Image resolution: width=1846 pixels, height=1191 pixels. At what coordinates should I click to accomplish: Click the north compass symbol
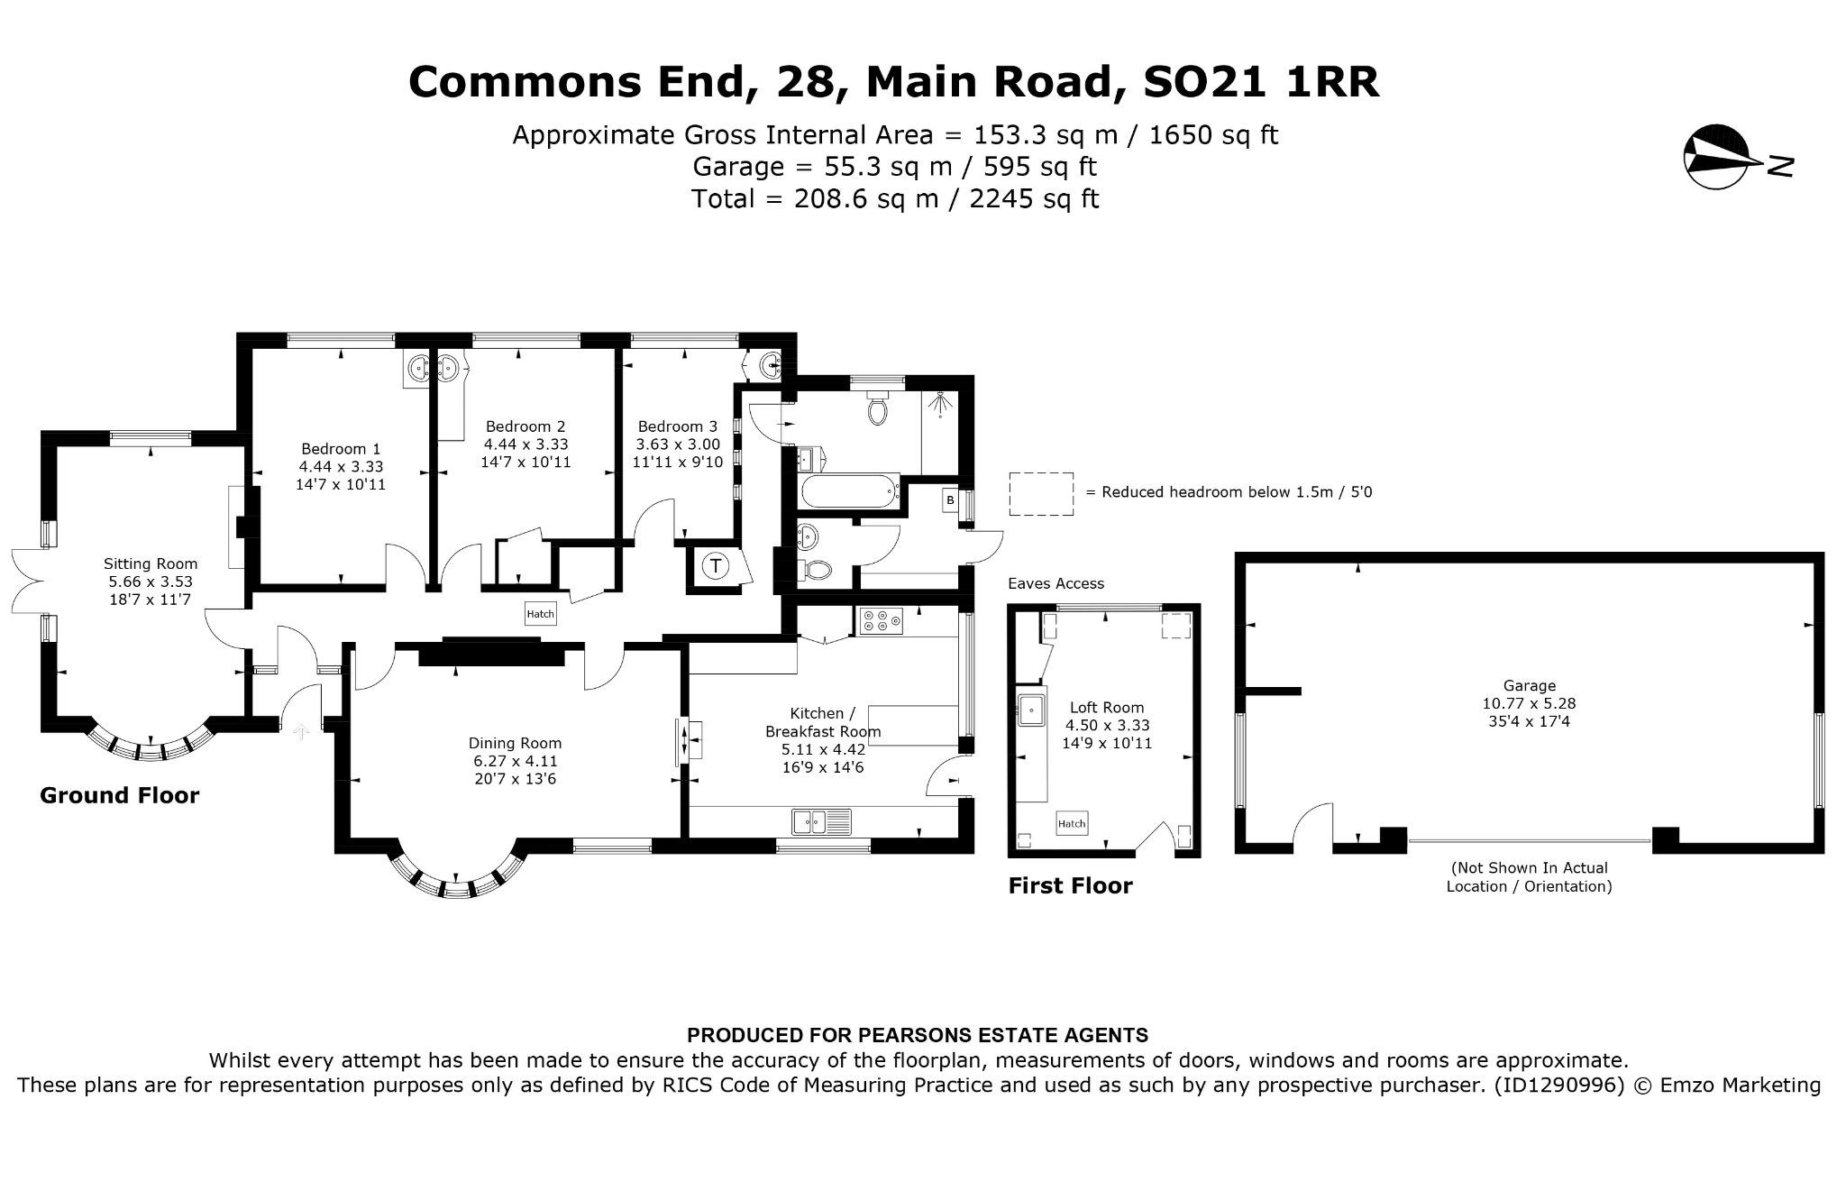pos(1717,157)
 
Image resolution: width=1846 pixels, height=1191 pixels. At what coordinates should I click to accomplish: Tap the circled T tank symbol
pos(716,566)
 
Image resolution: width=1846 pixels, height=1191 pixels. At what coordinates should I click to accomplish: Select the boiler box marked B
pos(950,499)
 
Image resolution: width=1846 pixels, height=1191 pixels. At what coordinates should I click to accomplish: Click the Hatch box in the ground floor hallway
pos(541,614)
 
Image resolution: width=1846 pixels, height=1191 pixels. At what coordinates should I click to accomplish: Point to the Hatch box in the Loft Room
pos(1072,823)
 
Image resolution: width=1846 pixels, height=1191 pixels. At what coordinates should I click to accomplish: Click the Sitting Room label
pos(151,564)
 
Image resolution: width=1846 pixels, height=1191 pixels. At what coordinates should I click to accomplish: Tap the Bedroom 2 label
pos(525,426)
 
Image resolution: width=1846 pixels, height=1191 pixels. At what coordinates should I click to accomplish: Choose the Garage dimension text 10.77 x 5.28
pos(1530,703)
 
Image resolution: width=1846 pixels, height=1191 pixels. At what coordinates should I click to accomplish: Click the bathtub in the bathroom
pos(851,492)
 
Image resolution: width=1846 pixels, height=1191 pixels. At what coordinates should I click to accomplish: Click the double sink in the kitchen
pos(822,822)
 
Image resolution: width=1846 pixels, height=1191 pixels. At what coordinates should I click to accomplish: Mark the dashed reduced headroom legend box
pos(1041,494)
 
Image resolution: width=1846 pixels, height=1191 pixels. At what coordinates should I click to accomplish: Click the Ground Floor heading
pos(120,795)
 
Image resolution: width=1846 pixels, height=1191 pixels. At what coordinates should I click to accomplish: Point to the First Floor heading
pos(1070,886)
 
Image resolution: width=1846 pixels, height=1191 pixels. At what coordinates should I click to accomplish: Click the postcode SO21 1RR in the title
pos(1261,82)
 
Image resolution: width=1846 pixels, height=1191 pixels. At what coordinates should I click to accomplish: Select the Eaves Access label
pos(1056,583)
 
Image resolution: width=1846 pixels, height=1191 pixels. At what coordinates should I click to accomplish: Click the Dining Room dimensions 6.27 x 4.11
pos(515,761)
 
